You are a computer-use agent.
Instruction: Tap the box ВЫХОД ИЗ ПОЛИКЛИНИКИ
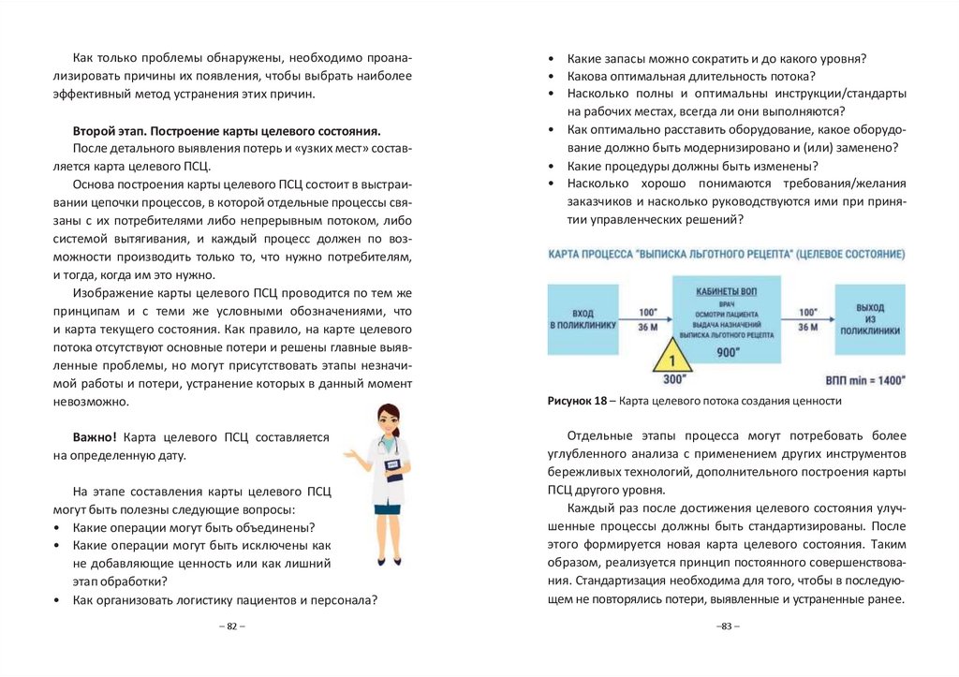pos(870,319)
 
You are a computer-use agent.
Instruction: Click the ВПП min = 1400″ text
pos(866,381)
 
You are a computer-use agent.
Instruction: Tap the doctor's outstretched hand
pos(350,455)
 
